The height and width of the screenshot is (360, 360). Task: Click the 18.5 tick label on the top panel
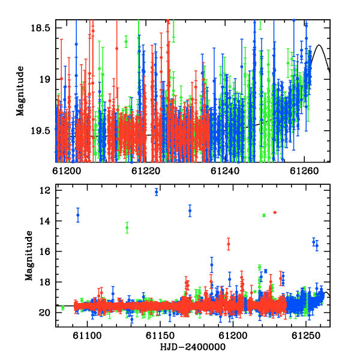pyautogui.click(x=40, y=28)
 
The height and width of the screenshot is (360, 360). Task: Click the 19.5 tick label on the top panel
pyautogui.click(x=40, y=131)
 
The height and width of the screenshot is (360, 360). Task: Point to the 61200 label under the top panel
pyautogui.click(x=67, y=171)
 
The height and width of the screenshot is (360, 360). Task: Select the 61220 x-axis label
pyautogui.click(x=146, y=171)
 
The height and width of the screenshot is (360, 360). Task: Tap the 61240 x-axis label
pyautogui.click(x=225, y=171)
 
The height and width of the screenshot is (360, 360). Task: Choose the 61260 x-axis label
pyautogui.click(x=304, y=171)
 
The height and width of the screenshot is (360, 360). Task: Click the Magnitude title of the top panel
pyautogui.click(x=20, y=91)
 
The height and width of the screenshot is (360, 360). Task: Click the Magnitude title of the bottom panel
pyautogui.click(x=29, y=256)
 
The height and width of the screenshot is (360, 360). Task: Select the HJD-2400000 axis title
pyautogui.click(x=193, y=347)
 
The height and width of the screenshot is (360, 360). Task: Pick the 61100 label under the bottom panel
pyautogui.click(x=87, y=336)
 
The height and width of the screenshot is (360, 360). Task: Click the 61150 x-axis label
pyautogui.click(x=160, y=336)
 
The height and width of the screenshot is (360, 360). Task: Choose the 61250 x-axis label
pyautogui.click(x=306, y=336)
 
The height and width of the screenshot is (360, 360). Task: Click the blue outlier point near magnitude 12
pyautogui.click(x=157, y=192)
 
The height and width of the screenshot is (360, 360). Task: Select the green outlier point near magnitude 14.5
pyautogui.click(x=127, y=228)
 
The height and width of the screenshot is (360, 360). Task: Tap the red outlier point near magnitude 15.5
pyautogui.click(x=229, y=244)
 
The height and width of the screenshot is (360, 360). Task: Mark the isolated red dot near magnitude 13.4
pyautogui.click(x=275, y=212)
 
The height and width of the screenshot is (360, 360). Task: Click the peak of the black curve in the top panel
pyautogui.click(x=319, y=45)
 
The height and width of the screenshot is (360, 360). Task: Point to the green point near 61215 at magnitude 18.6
pyautogui.click(x=126, y=41)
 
